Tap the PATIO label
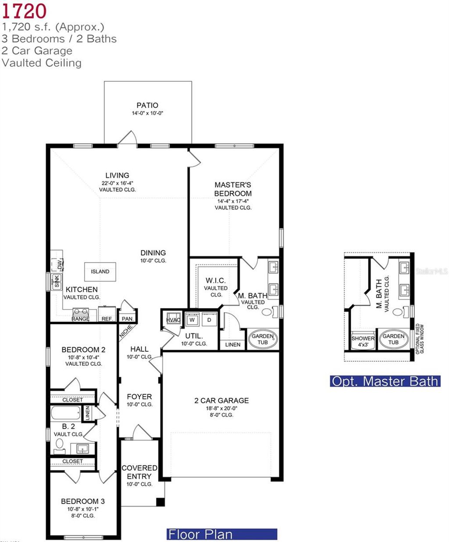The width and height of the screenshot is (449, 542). (x=147, y=105)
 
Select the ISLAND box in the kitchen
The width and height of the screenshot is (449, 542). (x=100, y=271)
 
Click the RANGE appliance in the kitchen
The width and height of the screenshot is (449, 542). (x=80, y=314)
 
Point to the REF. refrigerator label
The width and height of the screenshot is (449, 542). (x=107, y=319)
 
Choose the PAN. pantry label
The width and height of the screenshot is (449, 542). (x=128, y=319)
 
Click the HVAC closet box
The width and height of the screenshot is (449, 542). (x=173, y=320)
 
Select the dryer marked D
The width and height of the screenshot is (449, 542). (x=209, y=320)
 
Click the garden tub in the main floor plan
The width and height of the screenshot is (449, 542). (x=263, y=339)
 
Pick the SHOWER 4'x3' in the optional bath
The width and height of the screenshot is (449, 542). (x=363, y=341)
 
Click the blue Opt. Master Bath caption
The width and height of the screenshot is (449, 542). (x=385, y=381)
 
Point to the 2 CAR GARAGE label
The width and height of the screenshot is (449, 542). (x=221, y=400)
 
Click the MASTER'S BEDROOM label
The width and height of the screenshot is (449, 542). (x=233, y=189)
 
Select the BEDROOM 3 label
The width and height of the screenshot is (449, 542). (x=83, y=501)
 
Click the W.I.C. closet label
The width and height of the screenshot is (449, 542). (x=215, y=281)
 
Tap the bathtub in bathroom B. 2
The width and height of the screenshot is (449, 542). (x=66, y=413)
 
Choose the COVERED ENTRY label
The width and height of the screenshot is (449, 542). (x=139, y=472)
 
